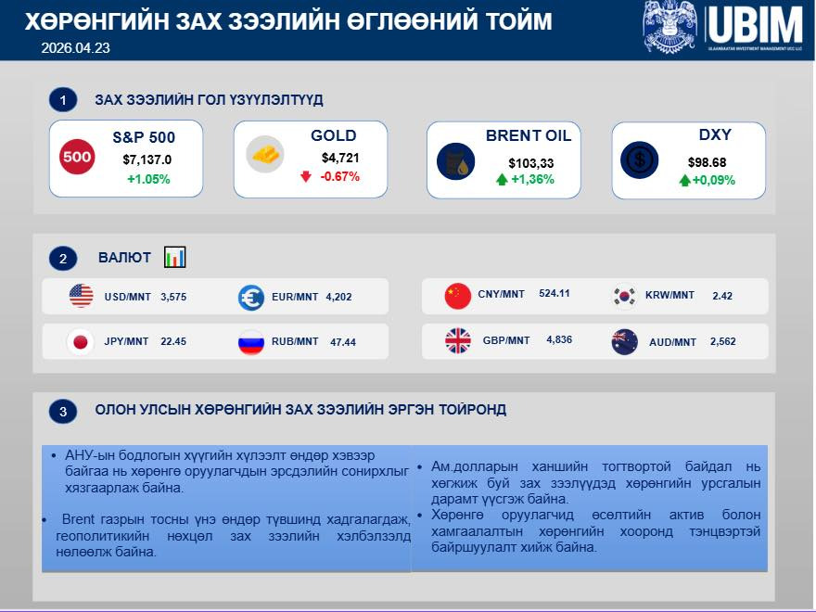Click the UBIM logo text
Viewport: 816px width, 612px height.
[757, 24]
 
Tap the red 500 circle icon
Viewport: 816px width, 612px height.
[77, 158]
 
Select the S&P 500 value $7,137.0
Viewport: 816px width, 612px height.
[147, 159]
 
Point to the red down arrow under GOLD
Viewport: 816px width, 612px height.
[305, 176]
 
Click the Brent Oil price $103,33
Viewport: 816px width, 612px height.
[531, 163]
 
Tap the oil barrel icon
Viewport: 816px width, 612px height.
[455, 162]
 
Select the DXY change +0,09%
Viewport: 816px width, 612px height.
[713, 181]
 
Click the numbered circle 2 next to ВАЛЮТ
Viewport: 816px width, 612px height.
[62, 259]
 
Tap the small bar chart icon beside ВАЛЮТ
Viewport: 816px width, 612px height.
[175, 257]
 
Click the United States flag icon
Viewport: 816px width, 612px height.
[82, 297]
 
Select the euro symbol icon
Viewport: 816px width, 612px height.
[251, 297]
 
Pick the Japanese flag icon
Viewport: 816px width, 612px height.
[82, 342]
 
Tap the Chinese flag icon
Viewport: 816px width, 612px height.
[458, 296]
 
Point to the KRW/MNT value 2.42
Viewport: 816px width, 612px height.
[722, 296]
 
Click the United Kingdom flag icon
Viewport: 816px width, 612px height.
[458, 341]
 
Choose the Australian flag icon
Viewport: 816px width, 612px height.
[625, 342]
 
